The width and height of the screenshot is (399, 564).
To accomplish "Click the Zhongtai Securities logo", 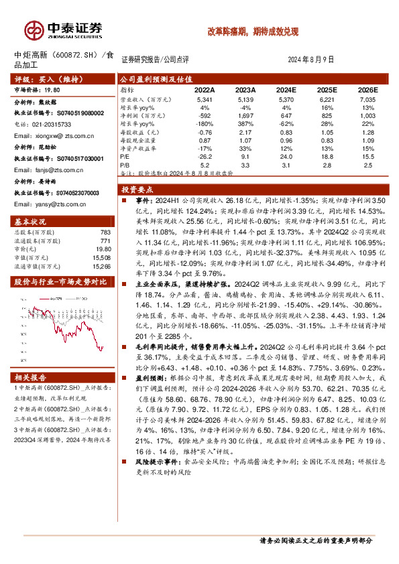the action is coord(64,30).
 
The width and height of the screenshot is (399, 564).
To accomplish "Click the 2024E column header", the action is coord(286,90).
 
